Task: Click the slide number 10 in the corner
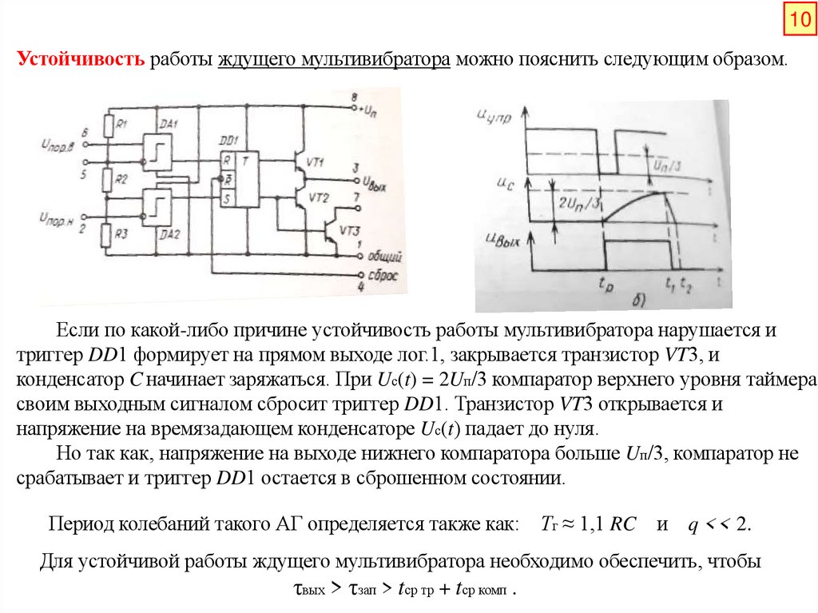pos(799,22)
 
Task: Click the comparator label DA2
pos(169,233)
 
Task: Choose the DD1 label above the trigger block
pos(231,139)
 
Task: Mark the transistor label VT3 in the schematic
pos(350,231)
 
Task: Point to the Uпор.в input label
pos(57,144)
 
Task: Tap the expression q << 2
pos(720,525)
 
